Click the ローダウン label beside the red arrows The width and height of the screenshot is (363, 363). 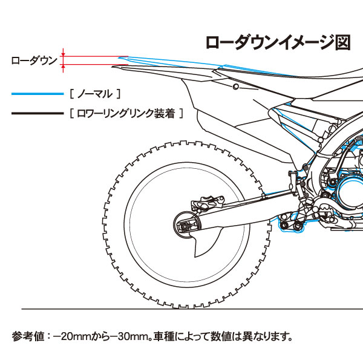coord(34,60)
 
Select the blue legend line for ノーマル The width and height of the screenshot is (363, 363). coord(37,94)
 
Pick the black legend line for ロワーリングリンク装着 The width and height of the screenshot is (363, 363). coord(37,113)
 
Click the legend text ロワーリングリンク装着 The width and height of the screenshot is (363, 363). coord(126,113)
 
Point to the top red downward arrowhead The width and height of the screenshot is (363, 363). coord(64,53)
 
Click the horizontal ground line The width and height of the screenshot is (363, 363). coord(181,310)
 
